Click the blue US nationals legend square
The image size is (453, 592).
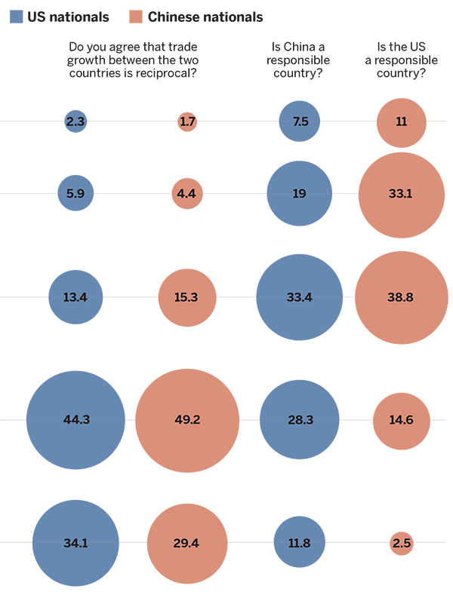pyautogui.click(x=16, y=16)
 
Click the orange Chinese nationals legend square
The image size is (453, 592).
pyautogui.click(x=136, y=16)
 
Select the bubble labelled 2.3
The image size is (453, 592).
pyautogui.click(x=75, y=121)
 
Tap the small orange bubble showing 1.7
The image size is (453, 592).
pyautogui.click(x=187, y=121)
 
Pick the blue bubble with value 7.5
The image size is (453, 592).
pyautogui.click(x=300, y=121)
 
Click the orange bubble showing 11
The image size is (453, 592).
pyautogui.click(x=401, y=121)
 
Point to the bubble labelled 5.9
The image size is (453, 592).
pyautogui.click(x=75, y=193)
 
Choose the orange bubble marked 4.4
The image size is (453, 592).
pyautogui.click(x=187, y=193)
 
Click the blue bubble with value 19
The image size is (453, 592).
pyautogui.click(x=300, y=193)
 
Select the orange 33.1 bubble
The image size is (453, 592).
pyautogui.click(x=401, y=193)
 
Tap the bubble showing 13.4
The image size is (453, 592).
pyautogui.click(x=75, y=297)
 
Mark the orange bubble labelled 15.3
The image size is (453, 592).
pyautogui.click(x=187, y=297)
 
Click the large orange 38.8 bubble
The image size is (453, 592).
pyautogui.click(x=401, y=297)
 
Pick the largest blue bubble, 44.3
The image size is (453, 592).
pyautogui.click(x=75, y=419)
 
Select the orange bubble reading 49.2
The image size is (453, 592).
pyautogui.click(x=187, y=419)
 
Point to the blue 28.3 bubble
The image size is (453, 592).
pyautogui.click(x=300, y=419)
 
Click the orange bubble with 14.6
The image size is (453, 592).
pyautogui.click(x=401, y=420)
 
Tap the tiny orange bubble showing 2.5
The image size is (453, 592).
pyautogui.click(x=402, y=543)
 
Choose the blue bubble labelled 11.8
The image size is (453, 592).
pyautogui.click(x=300, y=543)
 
